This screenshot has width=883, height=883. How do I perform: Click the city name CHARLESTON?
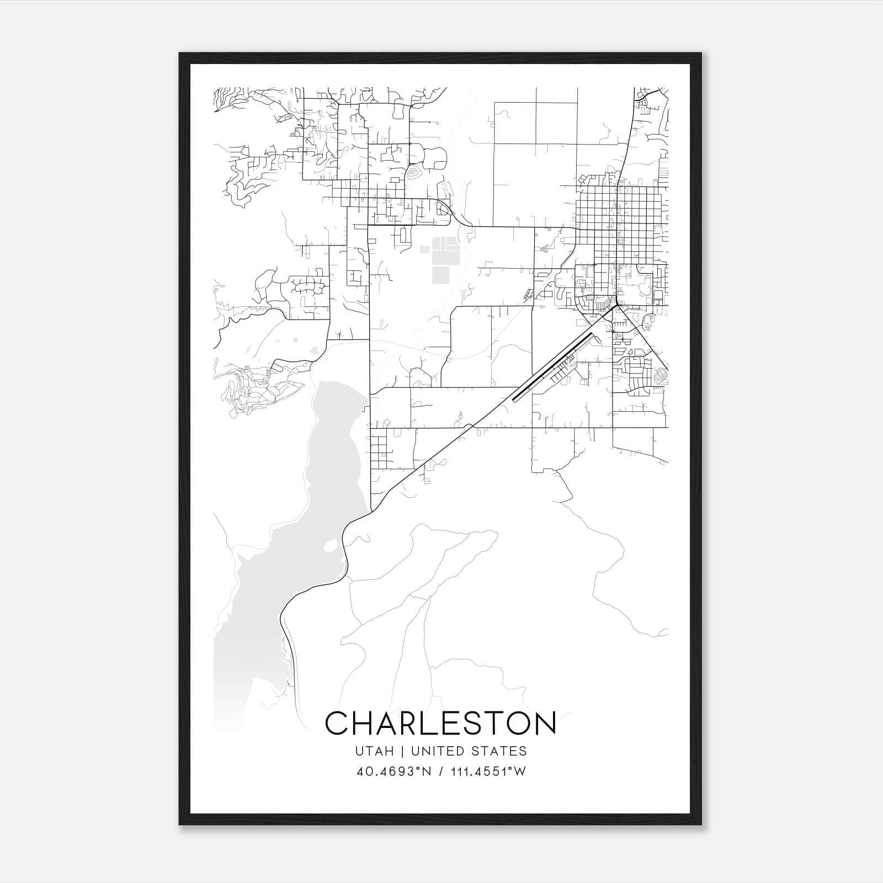(440, 722)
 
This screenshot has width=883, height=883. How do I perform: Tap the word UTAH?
(375, 751)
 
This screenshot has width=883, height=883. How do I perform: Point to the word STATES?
(504, 751)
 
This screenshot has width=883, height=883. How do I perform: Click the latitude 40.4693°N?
(392, 772)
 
